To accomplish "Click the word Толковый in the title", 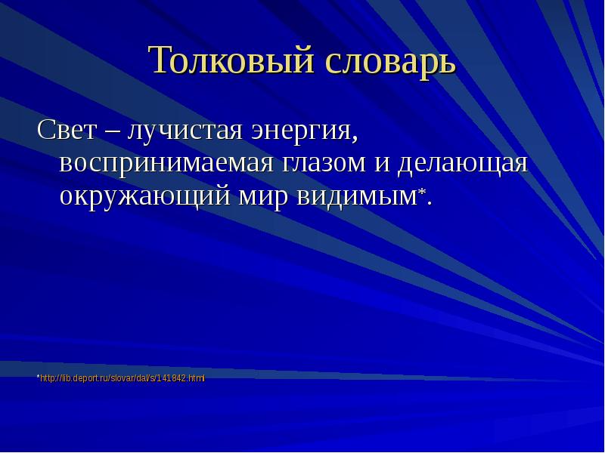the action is click(231, 60).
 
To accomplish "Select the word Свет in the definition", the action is click(67, 129).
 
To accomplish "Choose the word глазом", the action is click(324, 164).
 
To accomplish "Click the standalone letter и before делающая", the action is click(382, 165).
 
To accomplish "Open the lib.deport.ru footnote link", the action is click(123, 378).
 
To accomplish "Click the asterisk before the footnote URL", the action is click(39, 376).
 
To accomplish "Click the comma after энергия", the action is click(355, 138).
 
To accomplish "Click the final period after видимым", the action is click(430, 203).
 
